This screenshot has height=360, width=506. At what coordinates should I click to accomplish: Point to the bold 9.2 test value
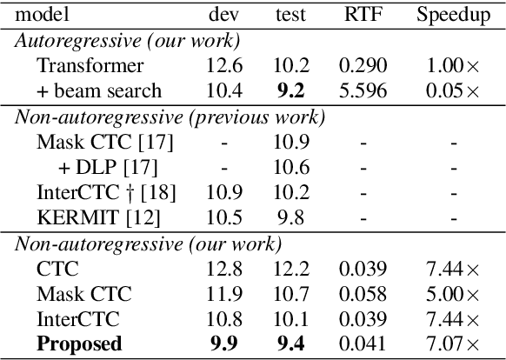coord(290,90)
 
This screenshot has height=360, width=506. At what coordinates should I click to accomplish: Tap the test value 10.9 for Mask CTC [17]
coord(290,141)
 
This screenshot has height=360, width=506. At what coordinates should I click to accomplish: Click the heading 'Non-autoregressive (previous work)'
coord(170,117)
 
